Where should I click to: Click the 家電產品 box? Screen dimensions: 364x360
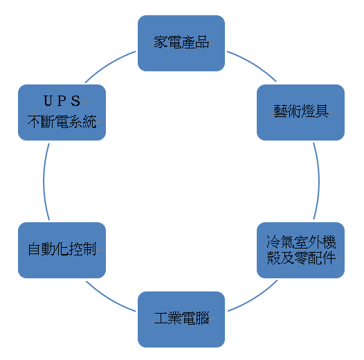(181, 43)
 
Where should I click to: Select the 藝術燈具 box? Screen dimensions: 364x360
(300, 112)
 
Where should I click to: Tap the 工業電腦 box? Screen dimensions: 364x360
(181, 319)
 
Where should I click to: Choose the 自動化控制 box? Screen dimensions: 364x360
(62, 250)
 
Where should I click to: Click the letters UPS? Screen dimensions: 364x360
(62, 101)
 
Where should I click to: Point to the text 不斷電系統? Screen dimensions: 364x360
(62, 121)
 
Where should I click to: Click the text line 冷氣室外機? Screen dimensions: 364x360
(301, 242)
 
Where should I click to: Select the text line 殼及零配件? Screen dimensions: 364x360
(301, 258)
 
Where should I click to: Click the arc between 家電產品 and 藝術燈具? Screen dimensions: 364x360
(253, 64)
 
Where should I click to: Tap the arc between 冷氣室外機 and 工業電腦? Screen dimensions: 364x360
(255, 298)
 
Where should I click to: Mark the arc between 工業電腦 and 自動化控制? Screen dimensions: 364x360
(109, 298)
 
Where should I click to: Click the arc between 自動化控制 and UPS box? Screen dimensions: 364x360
(44, 181)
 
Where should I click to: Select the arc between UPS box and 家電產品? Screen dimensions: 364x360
(109, 64)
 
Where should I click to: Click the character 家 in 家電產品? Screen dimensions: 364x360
(161, 42)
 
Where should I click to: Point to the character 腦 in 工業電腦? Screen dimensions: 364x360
(202, 318)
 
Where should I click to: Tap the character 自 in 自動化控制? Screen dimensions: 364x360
(35, 249)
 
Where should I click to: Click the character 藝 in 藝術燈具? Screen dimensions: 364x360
(280, 111)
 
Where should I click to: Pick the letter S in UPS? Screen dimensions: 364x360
(75, 101)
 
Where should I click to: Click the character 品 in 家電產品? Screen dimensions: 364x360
(202, 42)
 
